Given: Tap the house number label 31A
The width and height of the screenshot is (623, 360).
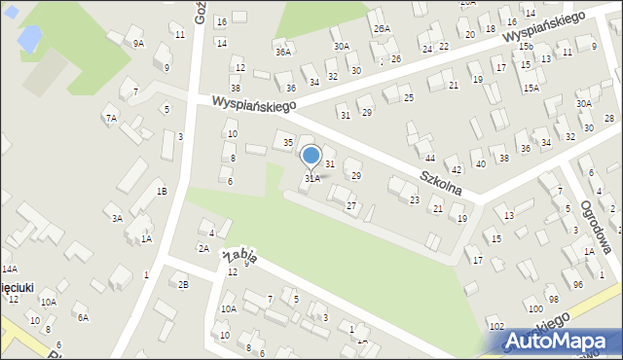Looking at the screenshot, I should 311,179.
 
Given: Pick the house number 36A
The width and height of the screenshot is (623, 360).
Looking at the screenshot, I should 283,53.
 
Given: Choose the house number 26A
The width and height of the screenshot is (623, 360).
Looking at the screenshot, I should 381,29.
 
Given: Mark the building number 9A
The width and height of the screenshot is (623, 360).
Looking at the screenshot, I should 138,43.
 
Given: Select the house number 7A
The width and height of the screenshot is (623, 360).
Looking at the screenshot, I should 111,118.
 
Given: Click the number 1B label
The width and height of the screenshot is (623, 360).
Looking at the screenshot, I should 162,191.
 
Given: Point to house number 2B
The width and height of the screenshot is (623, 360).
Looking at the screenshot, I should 182,284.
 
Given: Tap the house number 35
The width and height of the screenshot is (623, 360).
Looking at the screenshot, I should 288,143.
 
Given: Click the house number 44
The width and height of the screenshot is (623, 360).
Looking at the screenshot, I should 429,158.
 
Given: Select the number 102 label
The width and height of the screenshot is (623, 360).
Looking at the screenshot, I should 495,326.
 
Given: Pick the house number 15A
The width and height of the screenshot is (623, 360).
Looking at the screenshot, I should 531,88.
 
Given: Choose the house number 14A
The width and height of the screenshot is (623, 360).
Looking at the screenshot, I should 10,269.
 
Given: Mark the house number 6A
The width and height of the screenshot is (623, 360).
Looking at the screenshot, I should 84,317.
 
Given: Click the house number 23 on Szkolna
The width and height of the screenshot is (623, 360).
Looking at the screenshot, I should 415,200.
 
